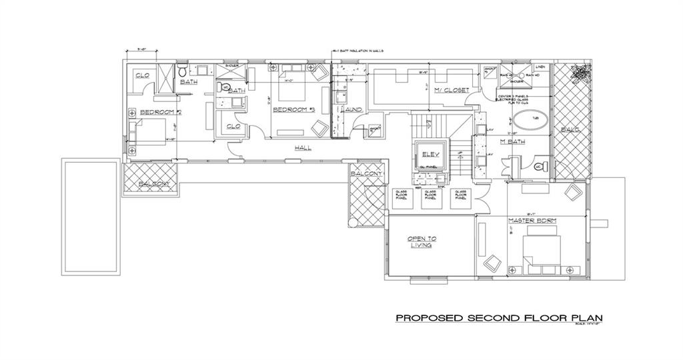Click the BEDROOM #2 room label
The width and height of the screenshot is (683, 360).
pos(151,111)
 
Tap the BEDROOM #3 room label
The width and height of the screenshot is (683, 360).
pos(293,109)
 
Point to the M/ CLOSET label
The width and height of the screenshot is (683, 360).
pos(452,90)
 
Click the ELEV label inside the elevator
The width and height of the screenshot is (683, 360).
pos(428,155)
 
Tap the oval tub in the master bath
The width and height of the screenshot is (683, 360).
pos(529,122)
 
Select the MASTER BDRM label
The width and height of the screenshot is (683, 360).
pos(532,220)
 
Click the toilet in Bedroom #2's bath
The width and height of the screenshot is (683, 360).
pos(183,73)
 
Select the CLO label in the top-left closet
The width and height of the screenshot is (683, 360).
pos(142,75)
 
